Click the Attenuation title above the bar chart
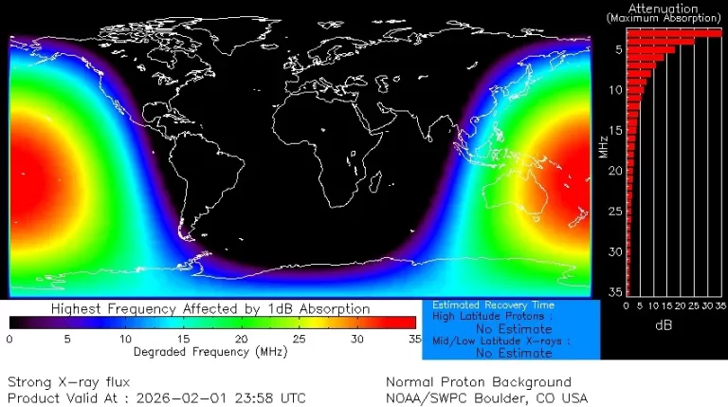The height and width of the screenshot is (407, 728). coord(663,9)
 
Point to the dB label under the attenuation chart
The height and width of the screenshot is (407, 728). coord(664,324)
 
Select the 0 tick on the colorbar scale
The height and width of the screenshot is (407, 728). coord(9,339)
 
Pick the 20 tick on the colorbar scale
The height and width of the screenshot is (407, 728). coord(241,339)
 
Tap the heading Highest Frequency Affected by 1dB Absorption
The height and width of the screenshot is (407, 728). coord(210,308)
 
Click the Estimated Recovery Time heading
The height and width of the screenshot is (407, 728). coord(493,305)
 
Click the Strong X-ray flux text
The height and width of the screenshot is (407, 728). coord(68,381)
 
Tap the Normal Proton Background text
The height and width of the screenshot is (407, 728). coord(479,381)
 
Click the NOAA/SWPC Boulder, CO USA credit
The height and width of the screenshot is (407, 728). coord(486,398)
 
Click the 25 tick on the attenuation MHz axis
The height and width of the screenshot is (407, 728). coord(616,212)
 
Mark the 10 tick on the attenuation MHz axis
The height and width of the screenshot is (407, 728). coord(616,90)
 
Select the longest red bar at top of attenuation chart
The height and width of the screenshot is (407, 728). coord(674,33)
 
